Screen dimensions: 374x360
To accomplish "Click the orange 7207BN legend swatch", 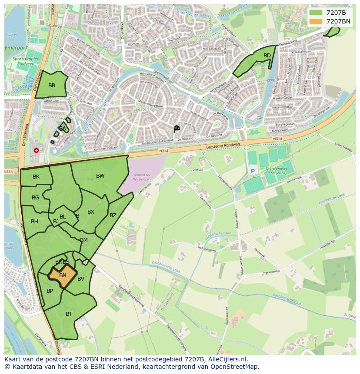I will point(316,21).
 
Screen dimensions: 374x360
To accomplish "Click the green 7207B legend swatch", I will point(316,13).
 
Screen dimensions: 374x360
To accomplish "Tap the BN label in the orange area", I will point(63,275).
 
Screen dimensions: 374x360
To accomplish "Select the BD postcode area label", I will point(267,56).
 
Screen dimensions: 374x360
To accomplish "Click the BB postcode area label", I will point(52,86).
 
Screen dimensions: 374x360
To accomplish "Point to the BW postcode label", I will point(100,176).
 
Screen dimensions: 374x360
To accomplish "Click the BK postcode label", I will point(36,177).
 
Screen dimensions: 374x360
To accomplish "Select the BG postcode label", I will point(36,198).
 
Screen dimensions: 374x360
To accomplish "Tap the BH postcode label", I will point(34,222).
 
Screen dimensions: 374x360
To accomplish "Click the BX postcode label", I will point(91,212).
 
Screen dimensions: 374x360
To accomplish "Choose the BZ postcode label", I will point(113,215).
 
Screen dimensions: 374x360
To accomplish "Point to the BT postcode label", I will point(69,314).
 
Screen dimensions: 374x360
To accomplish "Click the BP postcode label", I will point(50,291).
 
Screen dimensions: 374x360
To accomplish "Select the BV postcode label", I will point(81,279).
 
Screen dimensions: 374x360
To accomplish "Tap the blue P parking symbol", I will point(253,172).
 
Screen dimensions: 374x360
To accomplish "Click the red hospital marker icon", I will point(36,150).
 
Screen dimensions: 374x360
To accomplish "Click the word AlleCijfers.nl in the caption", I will point(225,359).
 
